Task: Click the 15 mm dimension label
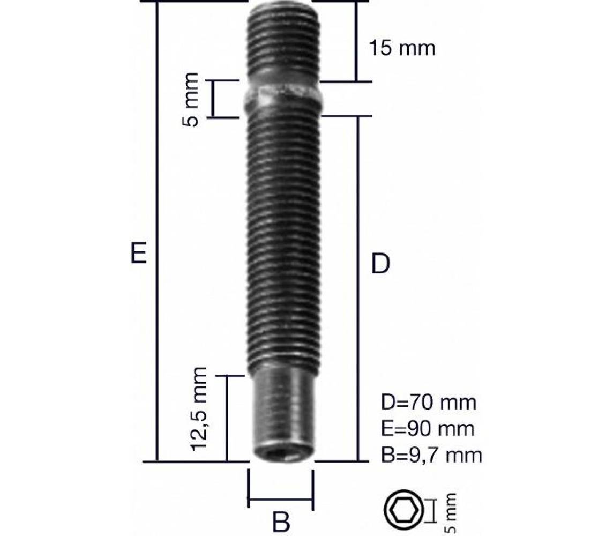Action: pyautogui.click(x=402, y=48)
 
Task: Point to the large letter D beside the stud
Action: pyautogui.click(x=380, y=264)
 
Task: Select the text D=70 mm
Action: pyautogui.click(x=428, y=401)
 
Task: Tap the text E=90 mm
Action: pyautogui.click(x=427, y=428)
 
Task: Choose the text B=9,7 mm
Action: pyautogui.click(x=431, y=455)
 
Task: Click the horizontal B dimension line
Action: pyautogui.click(x=281, y=501)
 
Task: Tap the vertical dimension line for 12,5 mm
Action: pyautogui.click(x=227, y=418)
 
